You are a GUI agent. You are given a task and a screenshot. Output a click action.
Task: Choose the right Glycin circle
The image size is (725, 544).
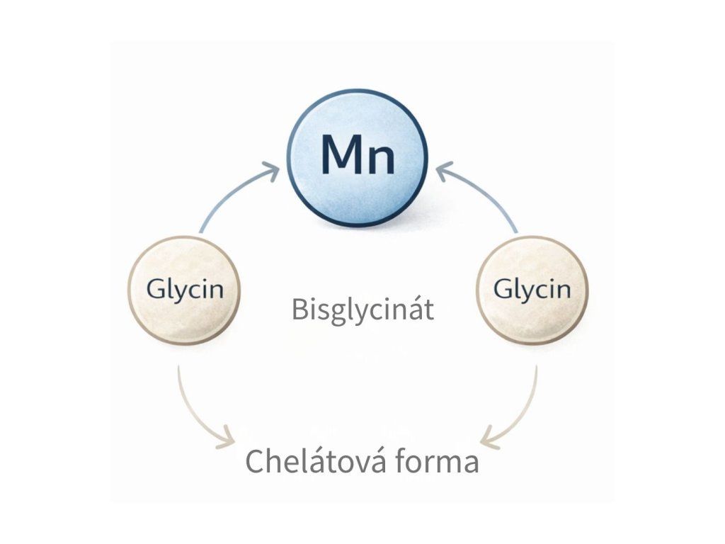532,290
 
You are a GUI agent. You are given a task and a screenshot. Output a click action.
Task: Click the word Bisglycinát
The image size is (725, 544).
362,310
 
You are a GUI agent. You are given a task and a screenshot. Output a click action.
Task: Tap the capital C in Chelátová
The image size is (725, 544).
255,462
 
